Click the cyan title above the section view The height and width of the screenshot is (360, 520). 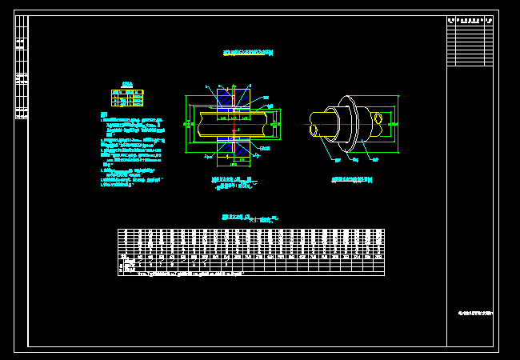(248, 53)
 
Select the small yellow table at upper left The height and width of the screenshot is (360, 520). (127, 98)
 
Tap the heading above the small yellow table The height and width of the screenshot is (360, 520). (127, 83)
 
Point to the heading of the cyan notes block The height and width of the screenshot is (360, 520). (104, 114)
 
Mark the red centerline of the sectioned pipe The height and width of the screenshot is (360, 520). (233, 126)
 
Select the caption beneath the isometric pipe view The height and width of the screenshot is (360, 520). (353, 181)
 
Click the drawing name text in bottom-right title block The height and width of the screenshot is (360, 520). (470, 311)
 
